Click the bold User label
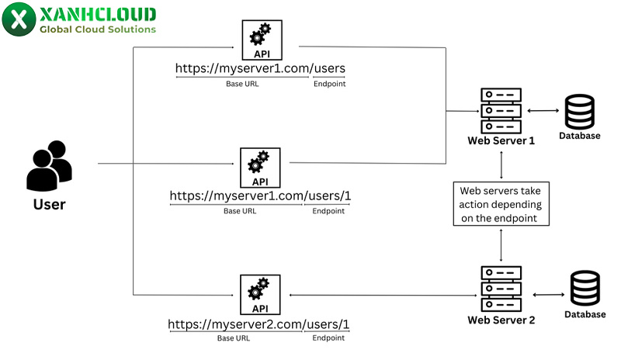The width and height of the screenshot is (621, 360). point(49,205)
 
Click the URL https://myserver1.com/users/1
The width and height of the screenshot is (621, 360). point(260,196)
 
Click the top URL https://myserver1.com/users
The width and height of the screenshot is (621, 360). point(260,68)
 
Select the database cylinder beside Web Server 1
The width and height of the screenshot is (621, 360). point(579,112)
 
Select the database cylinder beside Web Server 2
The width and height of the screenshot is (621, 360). point(585,289)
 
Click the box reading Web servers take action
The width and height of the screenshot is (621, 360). point(501,204)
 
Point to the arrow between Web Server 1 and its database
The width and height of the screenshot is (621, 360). point(543,110)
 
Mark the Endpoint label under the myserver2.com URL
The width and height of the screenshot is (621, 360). point(329,338)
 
